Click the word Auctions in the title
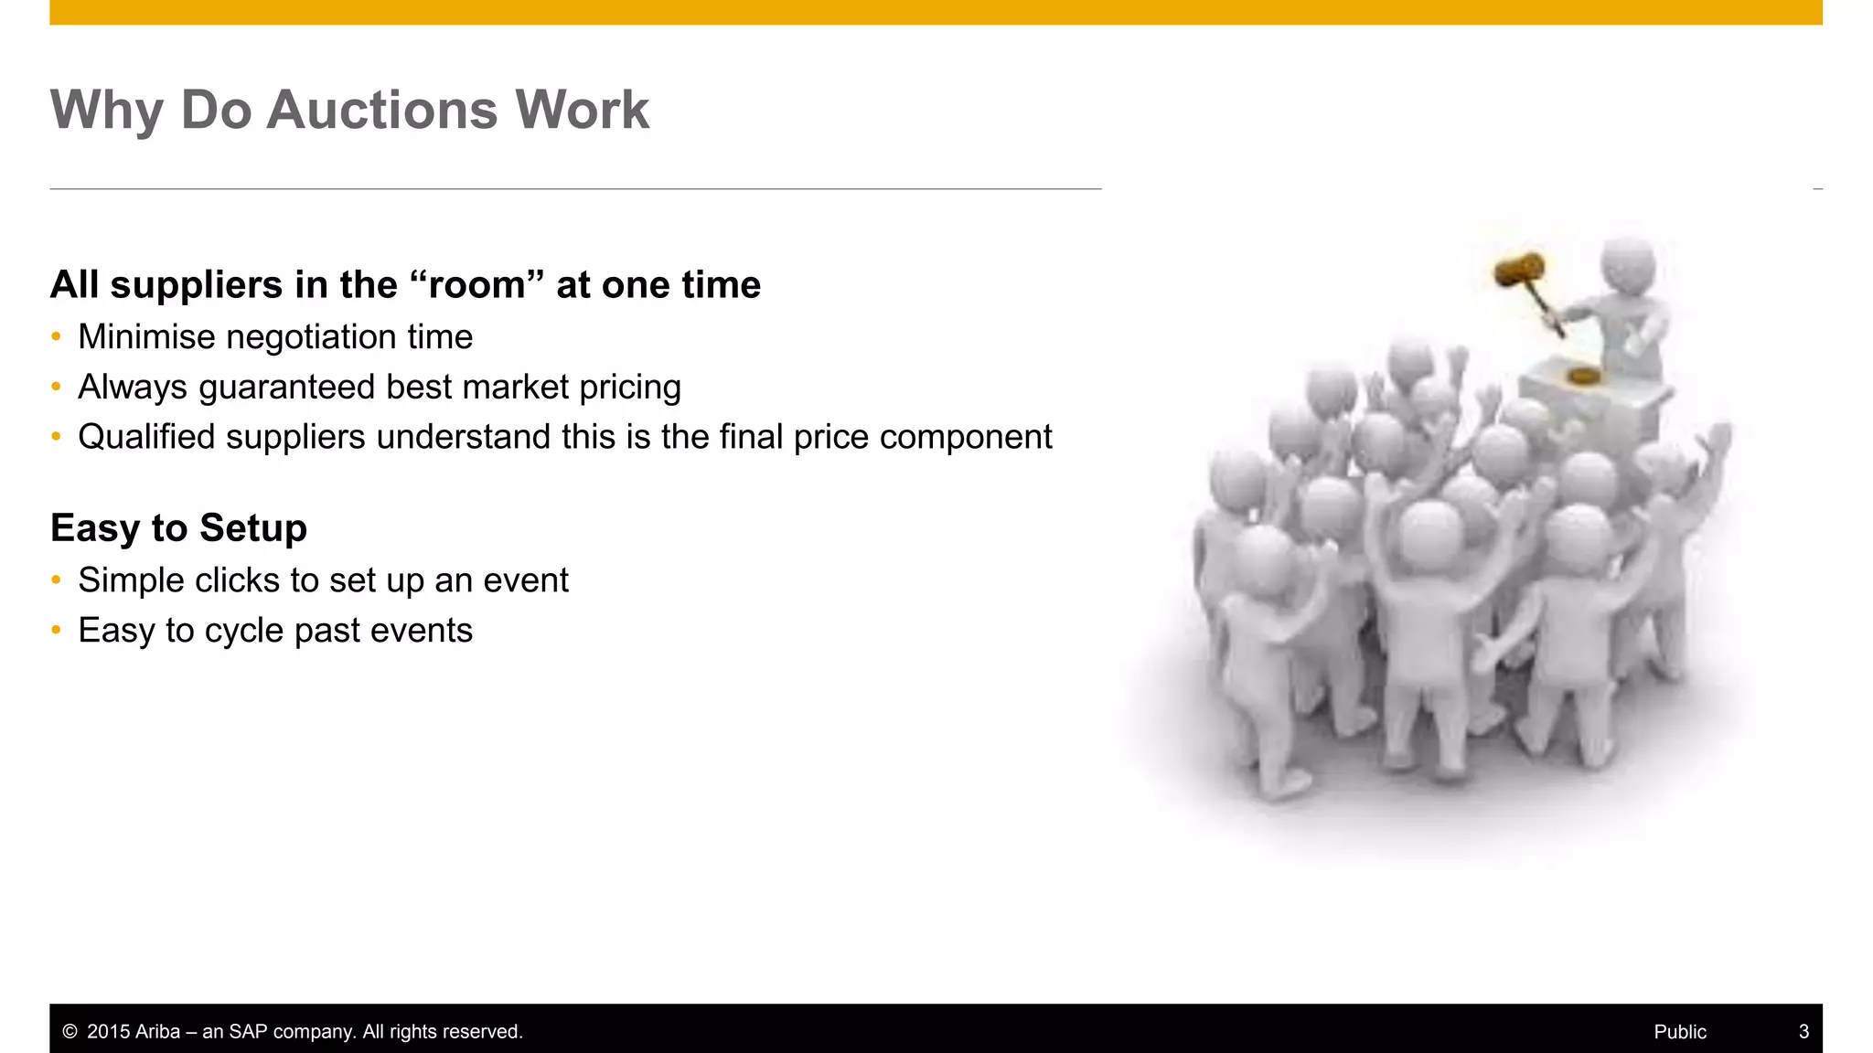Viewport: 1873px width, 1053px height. [x=381, y=111]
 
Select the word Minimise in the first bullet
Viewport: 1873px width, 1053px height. [x=146, y=337]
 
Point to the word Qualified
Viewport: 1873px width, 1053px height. [x=146, y=437]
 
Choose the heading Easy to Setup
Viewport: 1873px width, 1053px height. [x=178, y=528]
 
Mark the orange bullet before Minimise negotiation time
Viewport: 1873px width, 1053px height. [x=57, y=337]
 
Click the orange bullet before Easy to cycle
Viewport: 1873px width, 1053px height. [x=57, y=631]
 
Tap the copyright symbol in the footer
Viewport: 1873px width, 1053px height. [x=70, y=1032]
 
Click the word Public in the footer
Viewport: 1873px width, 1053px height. [x=1679, y=1032]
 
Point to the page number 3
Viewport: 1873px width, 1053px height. [x=1803, y=1032]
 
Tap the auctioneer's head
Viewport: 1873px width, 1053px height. [x=1629, y=264]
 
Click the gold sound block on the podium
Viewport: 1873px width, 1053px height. [x=1583, y=375]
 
